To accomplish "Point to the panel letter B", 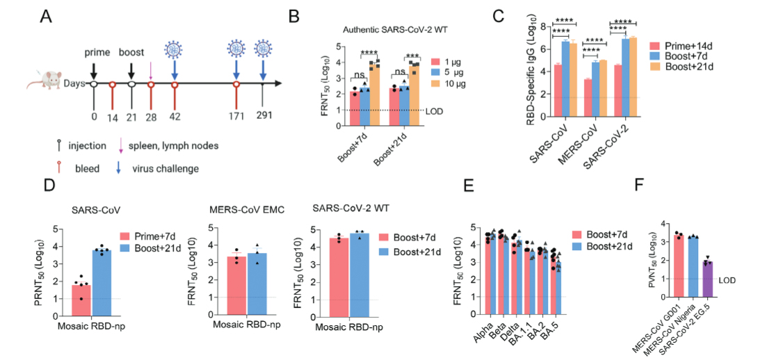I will coord(293,15).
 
